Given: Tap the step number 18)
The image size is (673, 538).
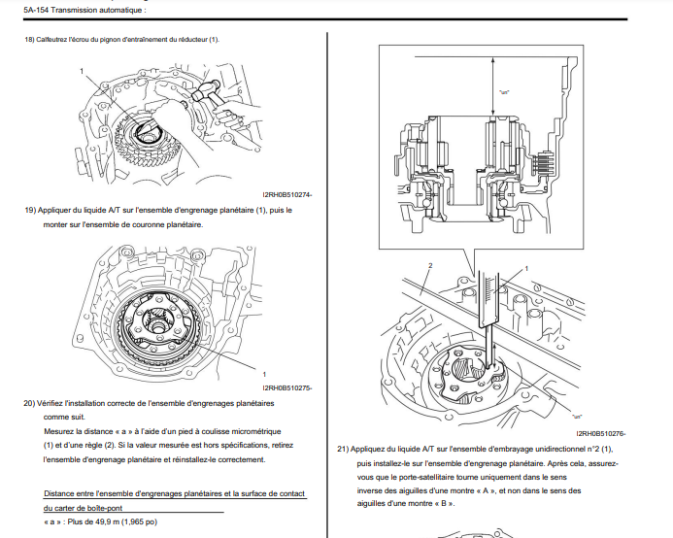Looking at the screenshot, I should (29, 39).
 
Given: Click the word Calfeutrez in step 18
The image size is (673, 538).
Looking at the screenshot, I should (55, 39).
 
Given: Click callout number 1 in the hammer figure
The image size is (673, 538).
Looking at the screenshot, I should (83, 72).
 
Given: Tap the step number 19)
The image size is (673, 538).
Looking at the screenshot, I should (29, 210).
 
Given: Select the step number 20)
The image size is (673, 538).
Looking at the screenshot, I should (29, 401).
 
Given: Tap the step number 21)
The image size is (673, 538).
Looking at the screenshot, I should (343, 450).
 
